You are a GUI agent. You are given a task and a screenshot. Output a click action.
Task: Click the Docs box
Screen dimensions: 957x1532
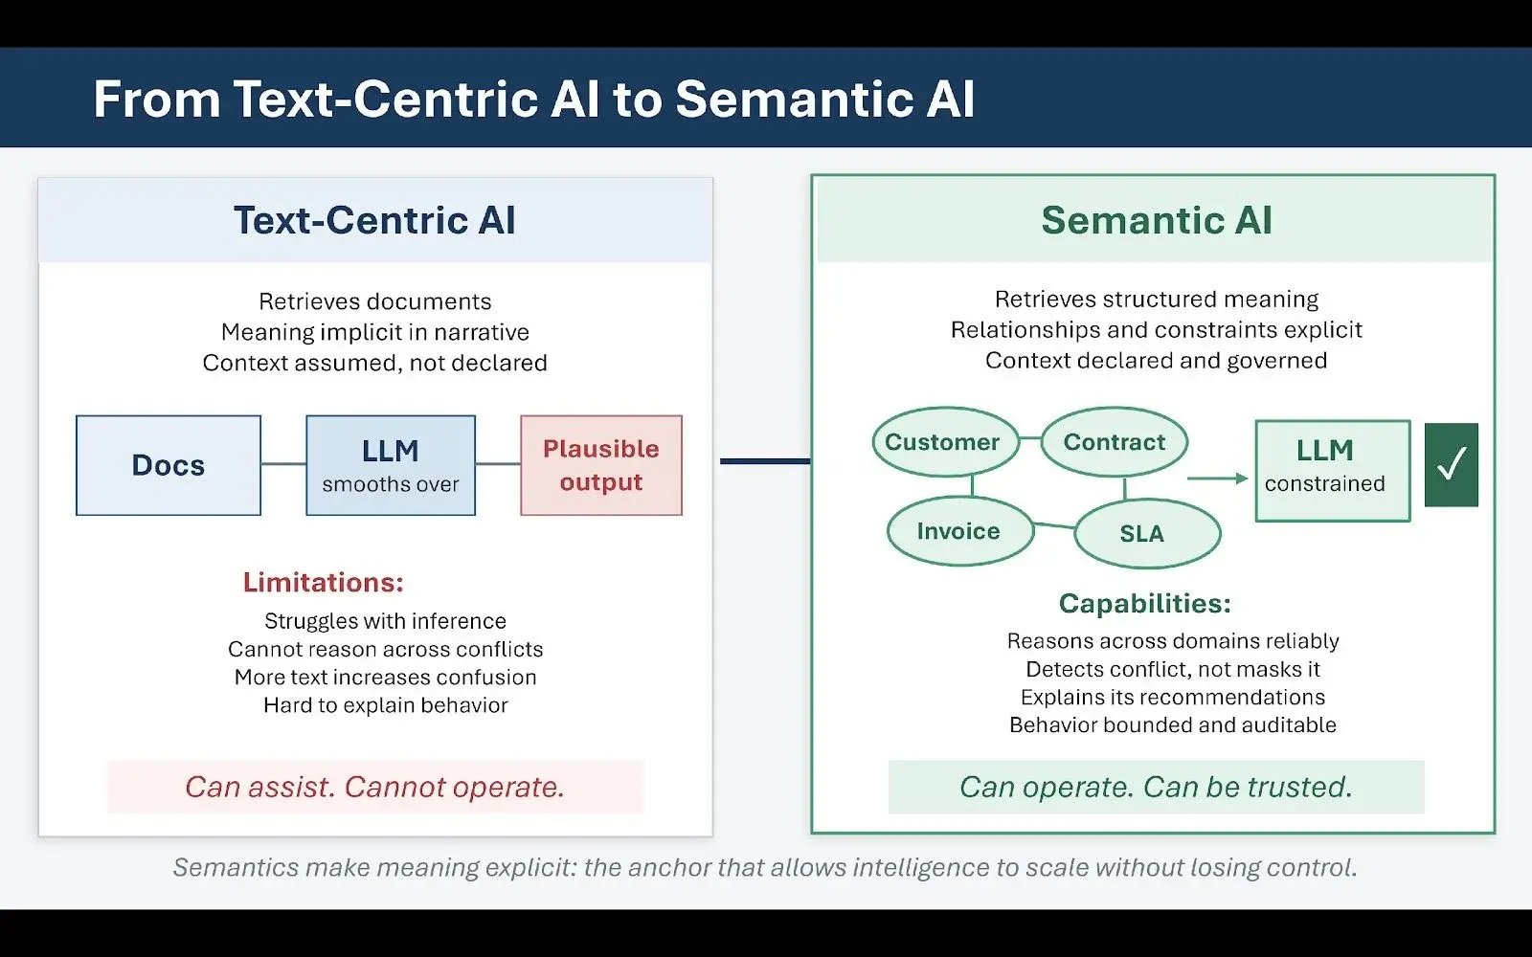(x=169, y=465)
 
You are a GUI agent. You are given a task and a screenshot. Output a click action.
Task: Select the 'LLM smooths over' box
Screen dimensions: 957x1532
(x=391, y=465)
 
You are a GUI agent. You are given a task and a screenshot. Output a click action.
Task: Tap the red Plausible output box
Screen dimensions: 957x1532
(x=601, y=465)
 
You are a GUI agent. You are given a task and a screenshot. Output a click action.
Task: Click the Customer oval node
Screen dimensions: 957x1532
(x=944, y=442)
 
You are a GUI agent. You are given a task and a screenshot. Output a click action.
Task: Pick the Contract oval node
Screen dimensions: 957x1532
(x=1115, y=442)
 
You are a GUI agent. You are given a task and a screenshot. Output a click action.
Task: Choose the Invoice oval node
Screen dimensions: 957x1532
(x=959, y=531)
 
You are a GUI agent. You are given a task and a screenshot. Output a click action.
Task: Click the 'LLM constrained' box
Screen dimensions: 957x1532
(x=1332, y=470)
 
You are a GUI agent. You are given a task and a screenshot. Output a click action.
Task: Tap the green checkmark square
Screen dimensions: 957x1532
(x=1451, y=465)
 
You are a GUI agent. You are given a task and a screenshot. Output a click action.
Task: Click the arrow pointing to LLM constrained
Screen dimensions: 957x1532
(x=1217, y=478)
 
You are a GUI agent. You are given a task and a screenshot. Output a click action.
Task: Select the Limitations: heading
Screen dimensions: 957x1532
(x=323, y=582)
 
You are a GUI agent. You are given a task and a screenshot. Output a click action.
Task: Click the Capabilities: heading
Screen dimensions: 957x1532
(x=1144, y=603)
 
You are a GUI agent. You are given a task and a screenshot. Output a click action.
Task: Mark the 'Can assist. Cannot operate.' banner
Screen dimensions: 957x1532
(x=374, y=787)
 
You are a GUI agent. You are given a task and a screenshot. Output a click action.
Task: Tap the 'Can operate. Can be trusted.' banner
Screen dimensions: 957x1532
(x=1156, y=787)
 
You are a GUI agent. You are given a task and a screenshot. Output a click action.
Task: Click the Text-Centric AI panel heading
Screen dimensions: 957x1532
(x=374, y=220)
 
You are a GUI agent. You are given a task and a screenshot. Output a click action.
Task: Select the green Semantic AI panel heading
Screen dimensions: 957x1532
(x=1156, y=220)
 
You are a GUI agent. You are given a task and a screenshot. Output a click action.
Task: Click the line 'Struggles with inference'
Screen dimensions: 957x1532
(x=385, y=621)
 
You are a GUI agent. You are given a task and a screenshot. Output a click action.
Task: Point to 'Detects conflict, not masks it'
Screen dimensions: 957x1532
(x=1172, y=669)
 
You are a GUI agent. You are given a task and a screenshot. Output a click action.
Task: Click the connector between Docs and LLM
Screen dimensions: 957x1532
(x=283, y=464)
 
